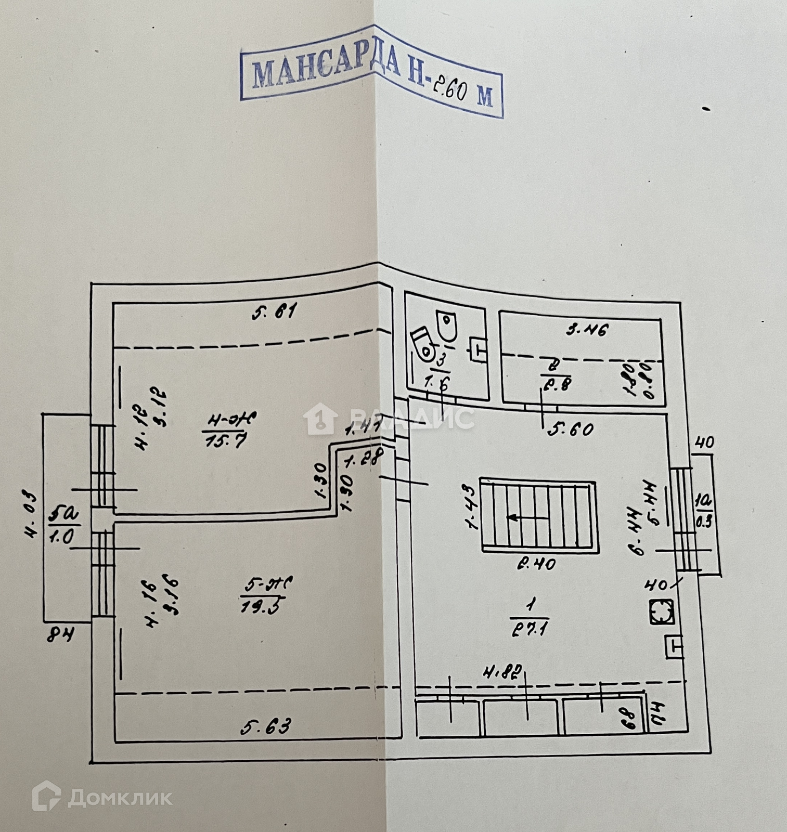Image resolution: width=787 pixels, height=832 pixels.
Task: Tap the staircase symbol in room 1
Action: click(538, 515)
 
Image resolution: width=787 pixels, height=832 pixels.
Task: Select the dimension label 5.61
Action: click(274, 312)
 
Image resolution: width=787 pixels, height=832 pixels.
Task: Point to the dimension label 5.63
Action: click(266, 726)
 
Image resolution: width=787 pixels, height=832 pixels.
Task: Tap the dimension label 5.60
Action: click(571, 430)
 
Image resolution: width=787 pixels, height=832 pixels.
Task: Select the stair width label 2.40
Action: click(536, 563)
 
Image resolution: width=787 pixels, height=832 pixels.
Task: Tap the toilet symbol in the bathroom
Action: click(424, 344)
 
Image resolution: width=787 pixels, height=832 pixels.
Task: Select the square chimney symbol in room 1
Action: click(662, 612)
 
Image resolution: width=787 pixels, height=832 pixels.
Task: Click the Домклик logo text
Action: click(120, 798)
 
